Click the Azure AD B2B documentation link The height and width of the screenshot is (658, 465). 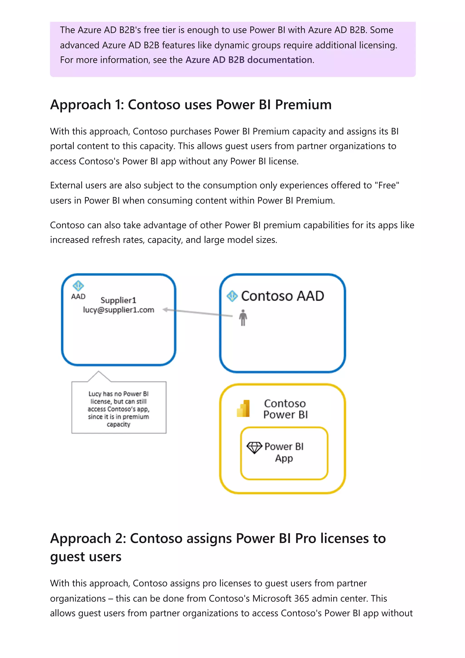(249, 60)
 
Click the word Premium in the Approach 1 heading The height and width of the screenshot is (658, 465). (303, 105)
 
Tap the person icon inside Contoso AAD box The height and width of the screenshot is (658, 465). (243, 318)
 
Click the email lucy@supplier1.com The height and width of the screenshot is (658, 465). (118, 310)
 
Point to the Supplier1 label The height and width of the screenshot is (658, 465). (118, 300)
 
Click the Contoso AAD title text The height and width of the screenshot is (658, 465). (282, 296)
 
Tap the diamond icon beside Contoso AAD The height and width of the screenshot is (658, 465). (232, 296)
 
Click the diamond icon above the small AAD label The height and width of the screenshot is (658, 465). (78, 286)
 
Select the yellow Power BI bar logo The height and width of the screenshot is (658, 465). (243, 408)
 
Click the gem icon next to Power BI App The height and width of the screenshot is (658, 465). (254, 447)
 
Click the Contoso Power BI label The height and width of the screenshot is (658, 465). (285, 409)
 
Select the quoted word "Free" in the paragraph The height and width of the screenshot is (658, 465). (387, 186)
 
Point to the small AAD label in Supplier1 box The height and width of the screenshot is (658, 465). (78, 296)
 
